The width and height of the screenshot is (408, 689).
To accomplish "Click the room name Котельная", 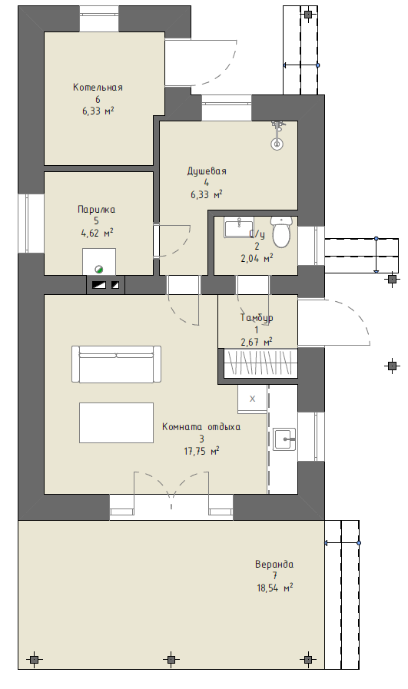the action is [x=98, y=87].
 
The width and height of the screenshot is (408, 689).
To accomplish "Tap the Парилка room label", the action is [x=96, y=209].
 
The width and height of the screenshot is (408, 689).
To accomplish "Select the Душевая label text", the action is [x=207, y=171].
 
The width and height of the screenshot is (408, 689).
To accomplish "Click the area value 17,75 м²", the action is [x=201, y=451].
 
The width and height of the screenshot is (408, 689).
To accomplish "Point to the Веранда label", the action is [x=274, y=564].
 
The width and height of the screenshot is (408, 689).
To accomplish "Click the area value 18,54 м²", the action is [x=275, y=588].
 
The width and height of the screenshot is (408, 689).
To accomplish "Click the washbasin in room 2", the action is [x=238, y=227].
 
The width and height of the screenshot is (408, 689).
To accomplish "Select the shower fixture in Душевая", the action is [x=277, y=135].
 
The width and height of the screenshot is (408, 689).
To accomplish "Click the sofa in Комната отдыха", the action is [x=116, y=364].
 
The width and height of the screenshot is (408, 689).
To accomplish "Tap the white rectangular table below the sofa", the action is [x=117, y=422].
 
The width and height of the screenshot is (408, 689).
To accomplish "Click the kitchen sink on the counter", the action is [x=284, y=439].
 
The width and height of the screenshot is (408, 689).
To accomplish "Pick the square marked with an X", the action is [x=252, y=399].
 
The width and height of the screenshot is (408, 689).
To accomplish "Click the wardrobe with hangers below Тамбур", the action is [x=260, y=363].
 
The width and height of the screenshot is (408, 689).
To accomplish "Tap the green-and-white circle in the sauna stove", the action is [x=99, y=270].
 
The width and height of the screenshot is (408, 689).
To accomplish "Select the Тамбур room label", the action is [x=257, y=317].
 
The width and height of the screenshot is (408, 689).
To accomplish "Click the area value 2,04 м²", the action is [x=257, y=258].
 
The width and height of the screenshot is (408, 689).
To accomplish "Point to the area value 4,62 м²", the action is [x=97, y=233].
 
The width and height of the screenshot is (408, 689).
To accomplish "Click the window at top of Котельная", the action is [x=99, y=18].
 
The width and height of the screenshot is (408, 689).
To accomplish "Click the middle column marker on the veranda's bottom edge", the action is [x=171, y=659].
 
